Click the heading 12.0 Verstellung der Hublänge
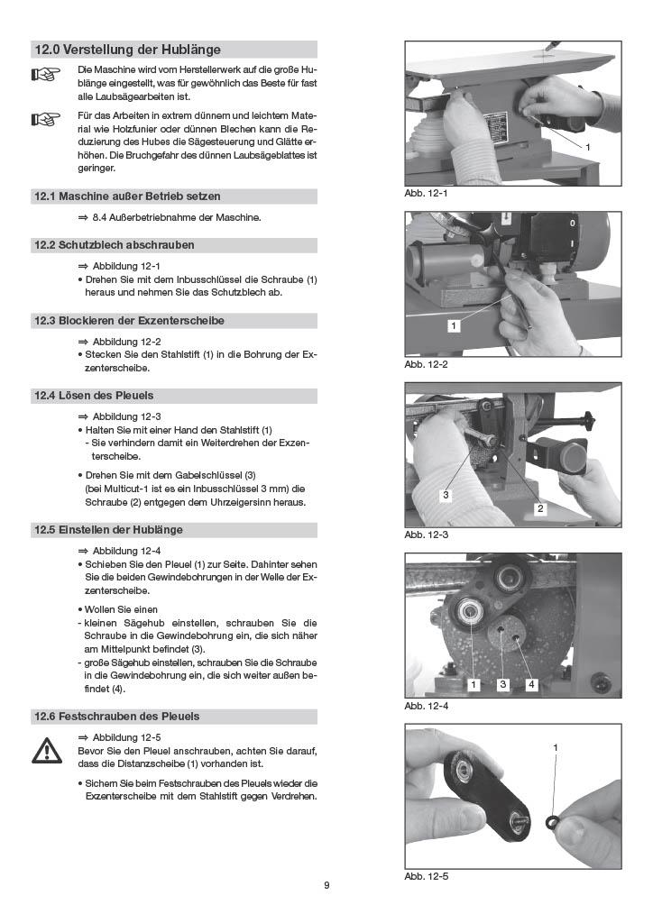tap(128, 50)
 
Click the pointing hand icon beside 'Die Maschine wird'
tap(45, 75)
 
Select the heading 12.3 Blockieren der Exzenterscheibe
tap(129, 321)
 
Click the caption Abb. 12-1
tap(426, 193)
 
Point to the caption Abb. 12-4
tap(426, 706)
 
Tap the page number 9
tap(326, 885)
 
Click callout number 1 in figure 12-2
tap(453, 325)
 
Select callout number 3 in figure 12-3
tap(446, 495)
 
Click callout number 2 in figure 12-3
tap(540, 508)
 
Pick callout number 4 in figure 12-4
tap(531, 684)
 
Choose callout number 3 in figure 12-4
tap(503, 684)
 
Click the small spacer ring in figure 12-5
tap(553, 820)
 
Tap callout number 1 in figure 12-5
tap(555, 747)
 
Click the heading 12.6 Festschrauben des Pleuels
tap(116, 717)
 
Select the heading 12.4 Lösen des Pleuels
tap(94, 396)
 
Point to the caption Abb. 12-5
tap(426, 876)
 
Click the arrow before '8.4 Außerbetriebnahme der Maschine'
tap(82, 218)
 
